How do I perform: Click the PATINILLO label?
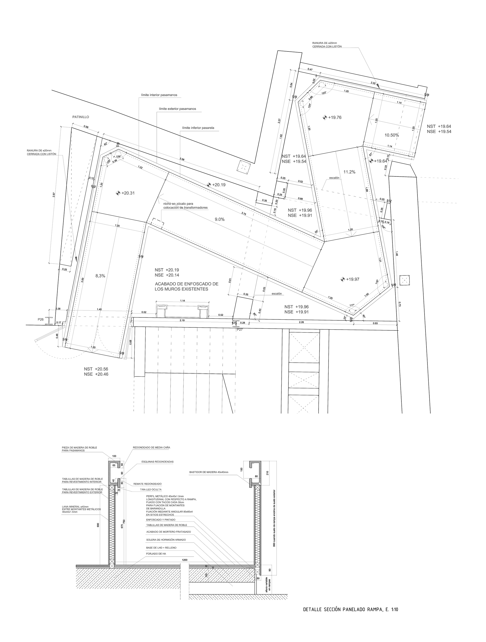coord(80,117)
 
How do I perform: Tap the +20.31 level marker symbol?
coord(118,193)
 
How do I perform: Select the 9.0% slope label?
coord(220,219)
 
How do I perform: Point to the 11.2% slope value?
coord(349,172)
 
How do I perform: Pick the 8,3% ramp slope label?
coord(100,276)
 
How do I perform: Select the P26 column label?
coord(41,319)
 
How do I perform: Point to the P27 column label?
coord(240,329)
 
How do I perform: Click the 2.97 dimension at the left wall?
coord(54,195)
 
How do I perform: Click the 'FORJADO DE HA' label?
coord(156,553)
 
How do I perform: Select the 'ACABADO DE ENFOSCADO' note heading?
coord(186,284)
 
